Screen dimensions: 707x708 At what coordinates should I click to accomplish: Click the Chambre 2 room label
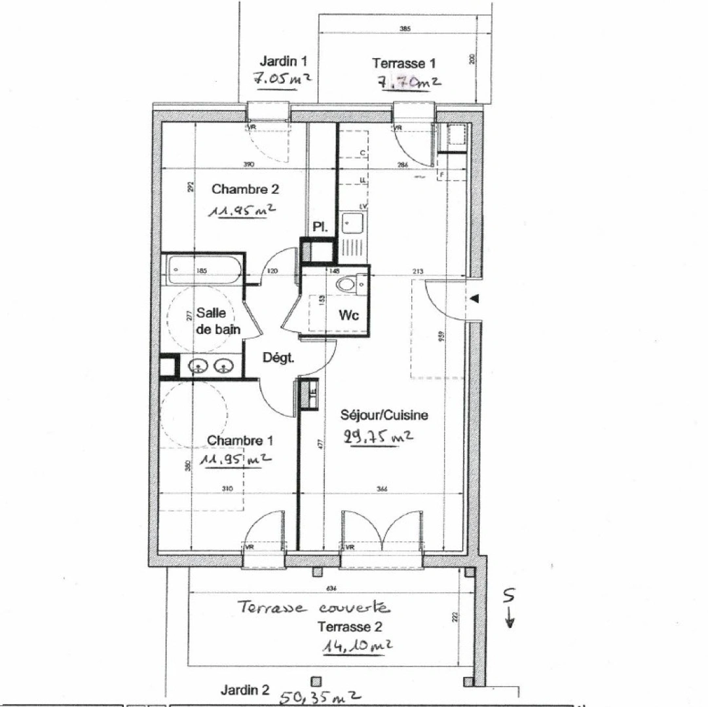click(x=246, y=190)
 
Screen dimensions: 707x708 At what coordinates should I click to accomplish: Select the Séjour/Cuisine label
click(x=384, y=415)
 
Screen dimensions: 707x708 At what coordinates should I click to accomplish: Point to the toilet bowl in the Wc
click(x=346, y=285)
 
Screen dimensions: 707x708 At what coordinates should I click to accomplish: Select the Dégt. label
click(x=279, y=358)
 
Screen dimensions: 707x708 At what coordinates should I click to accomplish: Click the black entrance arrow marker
click(x=475, y=299)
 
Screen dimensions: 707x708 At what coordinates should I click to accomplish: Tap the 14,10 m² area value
click(x=358, y=646)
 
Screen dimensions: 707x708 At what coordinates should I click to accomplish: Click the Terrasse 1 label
click(x=404, y=63)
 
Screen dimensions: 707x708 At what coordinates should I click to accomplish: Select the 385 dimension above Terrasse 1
click(x=404, y=29)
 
